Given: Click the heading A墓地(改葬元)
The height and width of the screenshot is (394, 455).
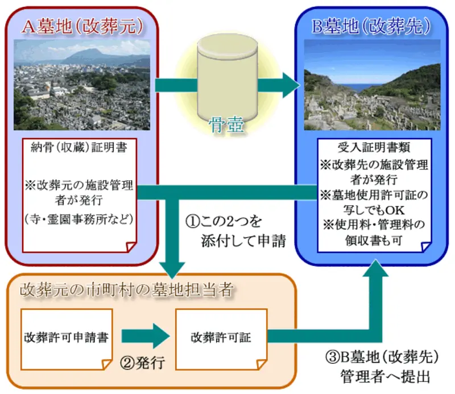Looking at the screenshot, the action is [82, 27].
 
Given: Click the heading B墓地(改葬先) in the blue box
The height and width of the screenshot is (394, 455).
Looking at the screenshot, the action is [371, 26].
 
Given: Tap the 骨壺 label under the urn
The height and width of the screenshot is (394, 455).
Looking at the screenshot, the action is [226, 125].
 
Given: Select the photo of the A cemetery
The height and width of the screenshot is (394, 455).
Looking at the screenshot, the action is [82, 85].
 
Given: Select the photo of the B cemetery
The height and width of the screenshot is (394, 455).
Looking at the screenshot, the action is [372, 85].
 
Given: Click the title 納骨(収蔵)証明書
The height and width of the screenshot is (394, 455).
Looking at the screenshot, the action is [79, 148].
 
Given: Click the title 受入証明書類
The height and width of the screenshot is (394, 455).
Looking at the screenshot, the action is [374, 148].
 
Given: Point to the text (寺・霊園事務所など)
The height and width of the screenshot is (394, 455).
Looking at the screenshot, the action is [79, 219].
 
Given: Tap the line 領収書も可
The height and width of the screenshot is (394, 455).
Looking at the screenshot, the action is [374, 240].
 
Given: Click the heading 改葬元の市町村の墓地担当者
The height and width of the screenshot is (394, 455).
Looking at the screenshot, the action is [126, 289].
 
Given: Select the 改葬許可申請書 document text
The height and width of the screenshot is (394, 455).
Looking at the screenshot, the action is [66, 337].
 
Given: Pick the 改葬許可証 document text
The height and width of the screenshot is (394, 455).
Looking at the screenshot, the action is [221, 337].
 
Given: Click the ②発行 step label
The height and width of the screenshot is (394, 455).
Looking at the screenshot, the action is [143, 363].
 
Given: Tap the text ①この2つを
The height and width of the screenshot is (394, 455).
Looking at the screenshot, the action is [224, 221].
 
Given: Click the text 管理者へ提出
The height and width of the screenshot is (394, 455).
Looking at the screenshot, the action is [385, 376].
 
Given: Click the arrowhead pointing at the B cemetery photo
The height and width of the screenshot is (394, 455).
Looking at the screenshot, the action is [291, 86].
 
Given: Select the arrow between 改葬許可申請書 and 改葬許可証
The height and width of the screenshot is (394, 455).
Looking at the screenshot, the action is [146, 336].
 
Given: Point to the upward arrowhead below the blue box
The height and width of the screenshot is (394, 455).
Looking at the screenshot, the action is [375, 268].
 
